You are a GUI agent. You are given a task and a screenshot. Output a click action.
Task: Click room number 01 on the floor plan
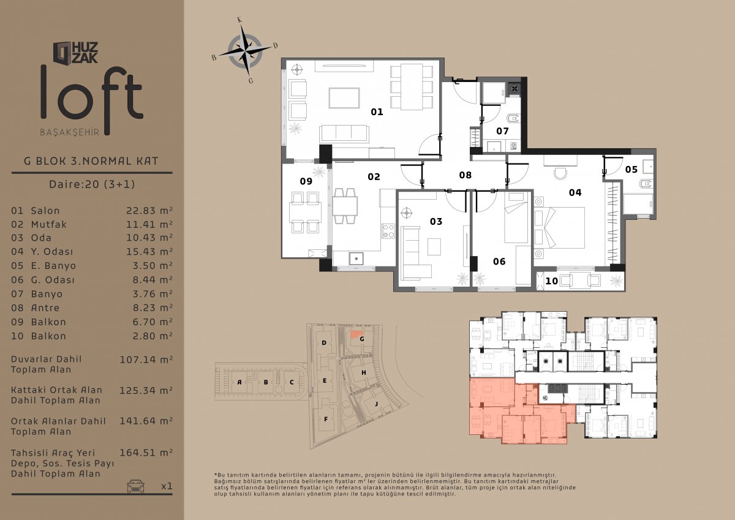pos(377,112)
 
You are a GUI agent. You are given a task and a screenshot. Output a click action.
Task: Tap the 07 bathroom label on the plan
pos(502,131)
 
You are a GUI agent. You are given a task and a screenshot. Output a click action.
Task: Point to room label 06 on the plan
pos(499,262)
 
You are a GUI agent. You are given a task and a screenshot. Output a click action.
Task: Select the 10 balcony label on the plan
pos(552,281)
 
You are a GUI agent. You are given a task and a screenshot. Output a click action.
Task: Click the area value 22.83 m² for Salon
pos(149,210)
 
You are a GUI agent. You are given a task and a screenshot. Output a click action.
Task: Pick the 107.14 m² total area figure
pos(146,360)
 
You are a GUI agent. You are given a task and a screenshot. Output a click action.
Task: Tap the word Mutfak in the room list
pos(48,224)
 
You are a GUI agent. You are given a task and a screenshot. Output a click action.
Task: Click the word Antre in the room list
pos(45,307)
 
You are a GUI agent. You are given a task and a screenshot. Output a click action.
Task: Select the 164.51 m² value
pos(146,453)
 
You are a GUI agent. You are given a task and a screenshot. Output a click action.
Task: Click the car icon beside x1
pos(135,486)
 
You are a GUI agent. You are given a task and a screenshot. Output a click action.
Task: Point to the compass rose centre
pos(246,51)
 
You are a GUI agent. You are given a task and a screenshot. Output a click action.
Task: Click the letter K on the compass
pos(240,20)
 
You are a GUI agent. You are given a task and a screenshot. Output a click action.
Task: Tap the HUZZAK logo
pos(76,52)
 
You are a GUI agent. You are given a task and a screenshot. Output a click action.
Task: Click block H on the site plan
pos(364,372)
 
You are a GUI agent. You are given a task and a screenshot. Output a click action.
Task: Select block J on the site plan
pos(376,404)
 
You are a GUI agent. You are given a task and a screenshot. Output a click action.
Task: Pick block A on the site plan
pos(239,382)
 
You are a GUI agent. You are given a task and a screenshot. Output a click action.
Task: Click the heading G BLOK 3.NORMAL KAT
pos(91,161)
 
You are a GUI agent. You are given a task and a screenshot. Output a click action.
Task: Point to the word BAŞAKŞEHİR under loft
pos(70,132)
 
